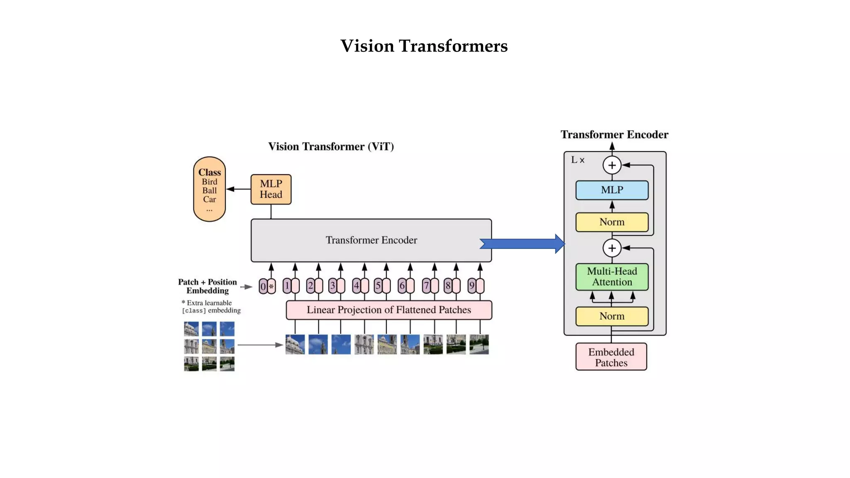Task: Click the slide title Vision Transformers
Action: pyautogui.click(x=424, y=46)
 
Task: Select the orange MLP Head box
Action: pyautogui.click(x=271, y=189)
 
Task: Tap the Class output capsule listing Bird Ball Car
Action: pyautogui.click(x=209, y=189)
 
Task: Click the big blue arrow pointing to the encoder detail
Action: pyautogui.click(x=522, y=244)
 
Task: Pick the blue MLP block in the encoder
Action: pyautogui.click(x=612, y=190)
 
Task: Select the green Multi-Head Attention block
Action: pyautogui.click(x=612, y=277)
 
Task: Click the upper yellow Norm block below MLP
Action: pyautogui.click(x=612, y=222)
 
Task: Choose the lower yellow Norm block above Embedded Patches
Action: pyautogui.click(x=612, y=316)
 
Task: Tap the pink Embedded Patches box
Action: pyautogui.click(x=611, y=357)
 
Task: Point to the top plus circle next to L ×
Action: pyautogui.click(x=612, y=165)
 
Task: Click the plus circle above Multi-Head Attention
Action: pyautogui.click(x=612, y=248)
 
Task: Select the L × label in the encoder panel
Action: pyautogui.click(x=577, y=160)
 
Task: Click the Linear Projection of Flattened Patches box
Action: pyautogui.click(x=388, y=310)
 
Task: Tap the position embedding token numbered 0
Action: pyautogui.click(x=263, y=286)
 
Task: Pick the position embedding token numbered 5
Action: pyautogui.click(x=378, y=286)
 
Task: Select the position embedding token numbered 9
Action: pyautogui.click(x=471, y=286)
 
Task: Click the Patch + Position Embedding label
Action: pyautogui.click(x=207, y=286)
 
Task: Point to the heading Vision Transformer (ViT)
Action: pyautogui.click(x=331, y=146)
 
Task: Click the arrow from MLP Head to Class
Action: pyautogui.click(x=238, y=189)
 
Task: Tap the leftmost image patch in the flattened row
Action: pyautogui.click(x=295, y=344)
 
